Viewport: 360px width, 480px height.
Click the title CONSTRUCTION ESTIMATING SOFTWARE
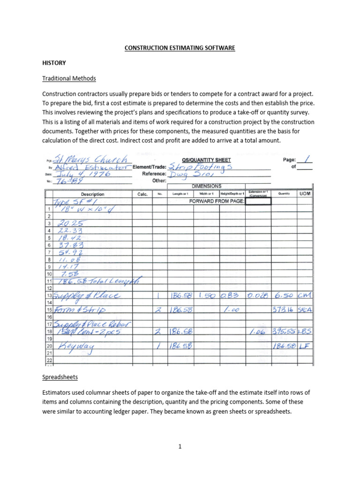pyautogui.click(x=180, y=48)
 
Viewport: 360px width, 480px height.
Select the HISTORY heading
pyautogui.click(x=54, y=63)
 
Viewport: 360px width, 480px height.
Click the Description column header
pyautogui.click(x=92, y=194)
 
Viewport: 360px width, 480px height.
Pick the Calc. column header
pyautogui.click(x=142, y=194)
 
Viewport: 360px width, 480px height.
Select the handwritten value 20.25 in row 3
pyautogui.click(x=70, y=224)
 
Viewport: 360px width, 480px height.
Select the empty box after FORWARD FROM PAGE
pyautogui.click(x=257, y=202)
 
